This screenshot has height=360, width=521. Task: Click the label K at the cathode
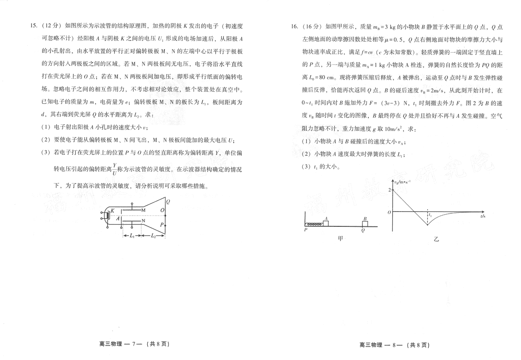pyautogui.click(x=113, y=211)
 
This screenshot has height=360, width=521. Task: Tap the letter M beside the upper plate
pyautogui.click(x=144, y=210)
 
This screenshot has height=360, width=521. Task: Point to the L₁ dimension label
pyautogui.click(x=132, y=236)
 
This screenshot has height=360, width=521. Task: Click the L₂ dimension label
pyautogui.click(x=153, y=236)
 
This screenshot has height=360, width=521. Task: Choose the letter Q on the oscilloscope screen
pyautogui.click(x=168, y=202)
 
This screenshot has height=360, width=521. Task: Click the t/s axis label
pyautogui.click(x=483, y=216)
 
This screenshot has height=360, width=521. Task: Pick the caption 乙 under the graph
pyautogui.click(x=436, y=239)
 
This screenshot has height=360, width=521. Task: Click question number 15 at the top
pyautogui.click(x=33, y=26)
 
